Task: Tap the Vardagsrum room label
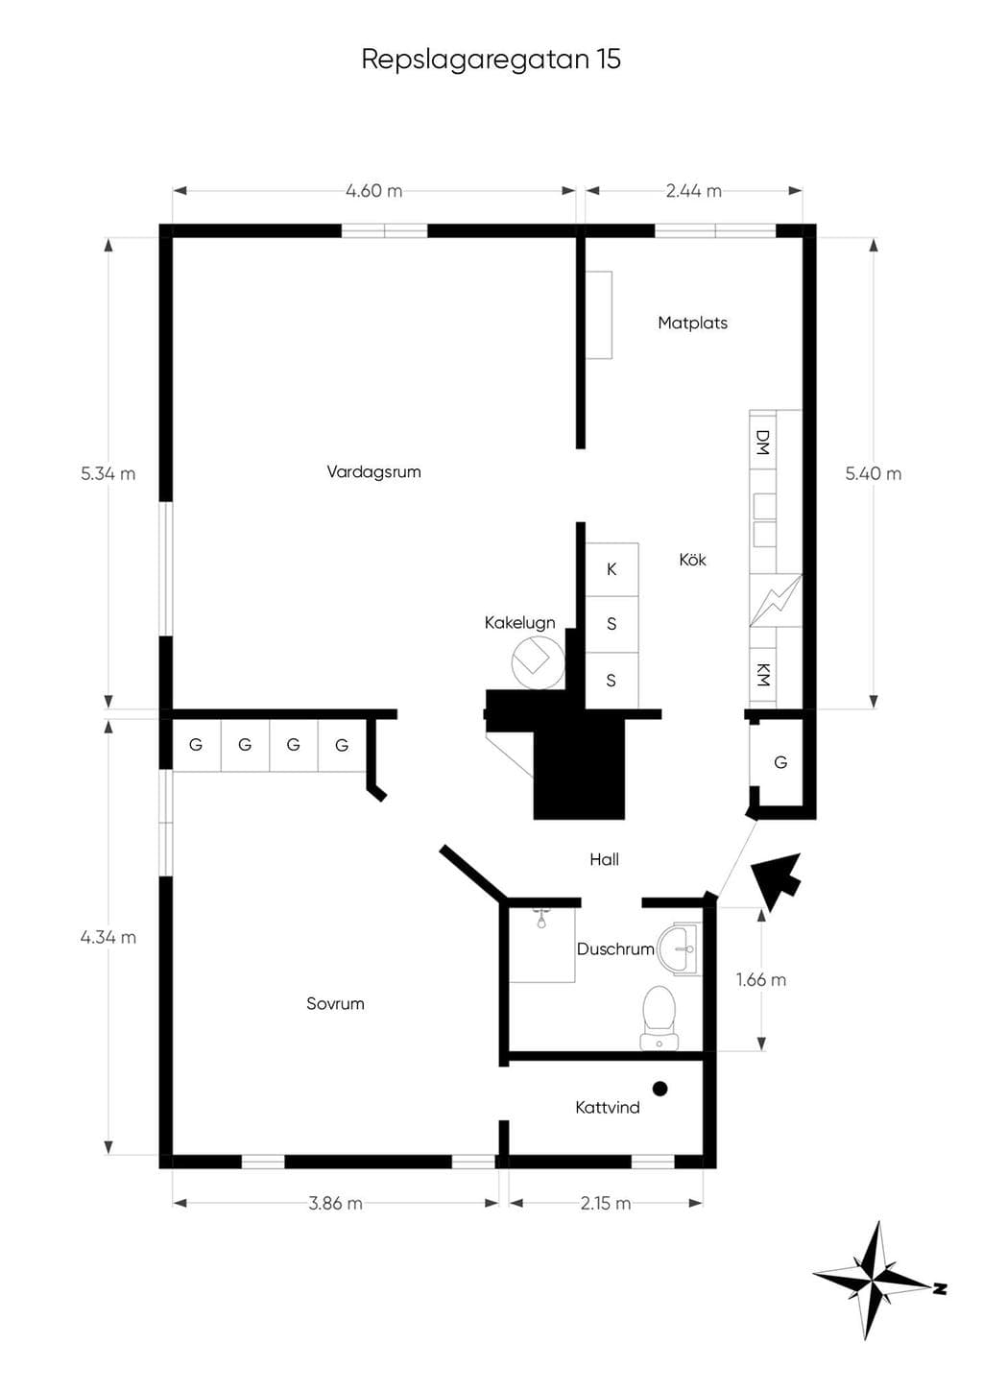373,472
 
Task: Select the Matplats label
692,323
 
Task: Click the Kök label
692,560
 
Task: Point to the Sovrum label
335,1003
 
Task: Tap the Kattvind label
608,1107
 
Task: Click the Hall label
604,859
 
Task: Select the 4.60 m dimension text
373,191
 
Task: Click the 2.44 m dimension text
694,191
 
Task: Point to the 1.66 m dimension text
760,980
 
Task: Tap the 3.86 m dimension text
335,1204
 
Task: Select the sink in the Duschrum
680,948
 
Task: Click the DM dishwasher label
763,443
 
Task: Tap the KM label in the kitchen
763,675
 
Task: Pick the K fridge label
611,569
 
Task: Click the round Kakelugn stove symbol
538,662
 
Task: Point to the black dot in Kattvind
660,1088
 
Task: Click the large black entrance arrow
777,878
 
